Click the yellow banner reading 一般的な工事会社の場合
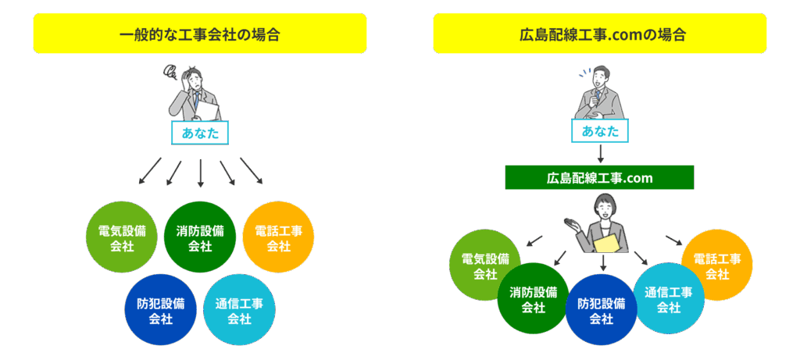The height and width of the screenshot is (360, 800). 200,34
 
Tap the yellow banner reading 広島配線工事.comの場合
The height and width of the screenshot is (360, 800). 599,34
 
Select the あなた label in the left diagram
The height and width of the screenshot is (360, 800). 200,133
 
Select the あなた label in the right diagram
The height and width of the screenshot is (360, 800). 599,131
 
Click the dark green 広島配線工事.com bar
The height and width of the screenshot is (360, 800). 599,178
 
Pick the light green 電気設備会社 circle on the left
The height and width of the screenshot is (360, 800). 122,237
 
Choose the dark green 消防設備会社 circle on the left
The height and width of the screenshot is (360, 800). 200,237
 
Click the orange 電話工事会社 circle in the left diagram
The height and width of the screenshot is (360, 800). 278,237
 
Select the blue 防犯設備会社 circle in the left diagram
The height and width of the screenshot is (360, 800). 161,310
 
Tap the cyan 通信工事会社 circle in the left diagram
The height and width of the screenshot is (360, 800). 239,310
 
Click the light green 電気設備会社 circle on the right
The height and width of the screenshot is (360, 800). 484,266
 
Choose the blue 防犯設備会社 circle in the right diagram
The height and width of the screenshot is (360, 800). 601,310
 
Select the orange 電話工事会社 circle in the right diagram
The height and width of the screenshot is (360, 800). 717,266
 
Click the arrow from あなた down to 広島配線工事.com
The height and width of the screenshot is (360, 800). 599,153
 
